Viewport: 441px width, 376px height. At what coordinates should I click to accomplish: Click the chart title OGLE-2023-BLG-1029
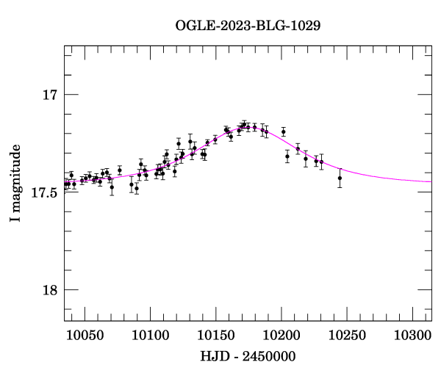(x=248, y=25)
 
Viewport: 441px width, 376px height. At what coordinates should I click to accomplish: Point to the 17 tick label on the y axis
(x=50, y=95)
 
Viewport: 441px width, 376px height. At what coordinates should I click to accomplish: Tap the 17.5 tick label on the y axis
(x=45, y=192)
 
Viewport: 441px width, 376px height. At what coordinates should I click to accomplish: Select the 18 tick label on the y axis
(x=50, y=289)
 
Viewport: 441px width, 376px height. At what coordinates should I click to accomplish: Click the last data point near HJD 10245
(x=340, y=178)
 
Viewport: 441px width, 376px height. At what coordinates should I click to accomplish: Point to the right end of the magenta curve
(x=431, y=181)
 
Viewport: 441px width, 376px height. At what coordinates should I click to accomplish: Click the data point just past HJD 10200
(x=283, y=132)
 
